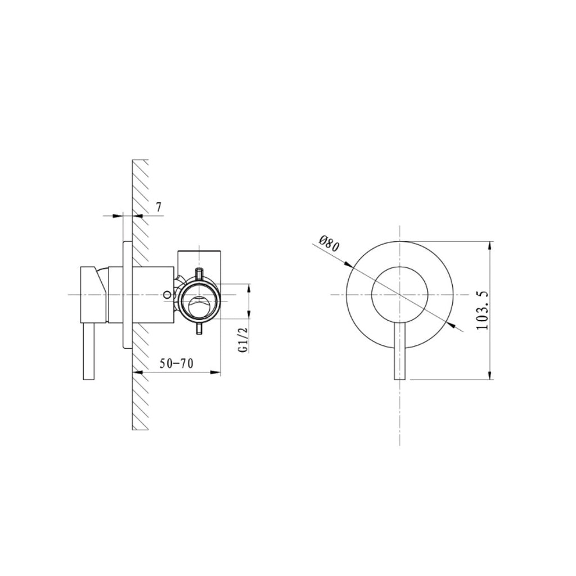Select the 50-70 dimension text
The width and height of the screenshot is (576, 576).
[x=176, y=363]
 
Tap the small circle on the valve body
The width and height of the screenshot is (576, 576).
[x=167, y=294]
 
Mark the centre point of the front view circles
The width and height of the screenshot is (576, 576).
[x=399, y=295]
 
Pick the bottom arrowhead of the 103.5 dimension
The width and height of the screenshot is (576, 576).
[x=491, y=375]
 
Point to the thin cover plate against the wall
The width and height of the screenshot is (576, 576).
[x=127, y=295]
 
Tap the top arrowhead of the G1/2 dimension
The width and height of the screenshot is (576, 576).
[x=248, y=289]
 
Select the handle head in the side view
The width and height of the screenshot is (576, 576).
[x=94, y=294]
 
